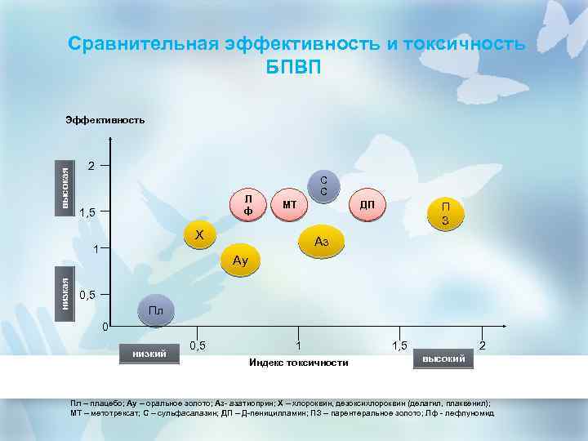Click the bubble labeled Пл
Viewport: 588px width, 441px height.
pyautogui.click(x=155, y=310)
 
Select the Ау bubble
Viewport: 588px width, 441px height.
pyautogui.click(x=239, y=261)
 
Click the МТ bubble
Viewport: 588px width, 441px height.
pyautogui.click(x=288, y=203)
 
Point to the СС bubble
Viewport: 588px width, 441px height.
pyautogui.click(x=323, y=186)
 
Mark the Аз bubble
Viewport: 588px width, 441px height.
pyautogui.click(x=322, y=242)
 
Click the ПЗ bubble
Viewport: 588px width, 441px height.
pyautogui.click(x=446, y=214)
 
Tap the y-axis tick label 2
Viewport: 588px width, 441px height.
pyautogui.click(x=92, y=167)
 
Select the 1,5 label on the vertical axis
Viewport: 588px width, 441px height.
pyautogui.click(x=88, y=213)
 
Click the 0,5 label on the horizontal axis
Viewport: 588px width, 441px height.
pyautogui.click(x=197, y=345)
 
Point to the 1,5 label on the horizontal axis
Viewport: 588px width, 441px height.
pyautogui.click(x=400, y=345)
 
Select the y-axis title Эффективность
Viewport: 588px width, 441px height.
pyautogui.click(x=105, y=120)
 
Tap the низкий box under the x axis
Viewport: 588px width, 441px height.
pyautogui.click(x=149, y=353)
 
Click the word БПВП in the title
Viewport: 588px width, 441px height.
pyautogui.click(x=294, y=65)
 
